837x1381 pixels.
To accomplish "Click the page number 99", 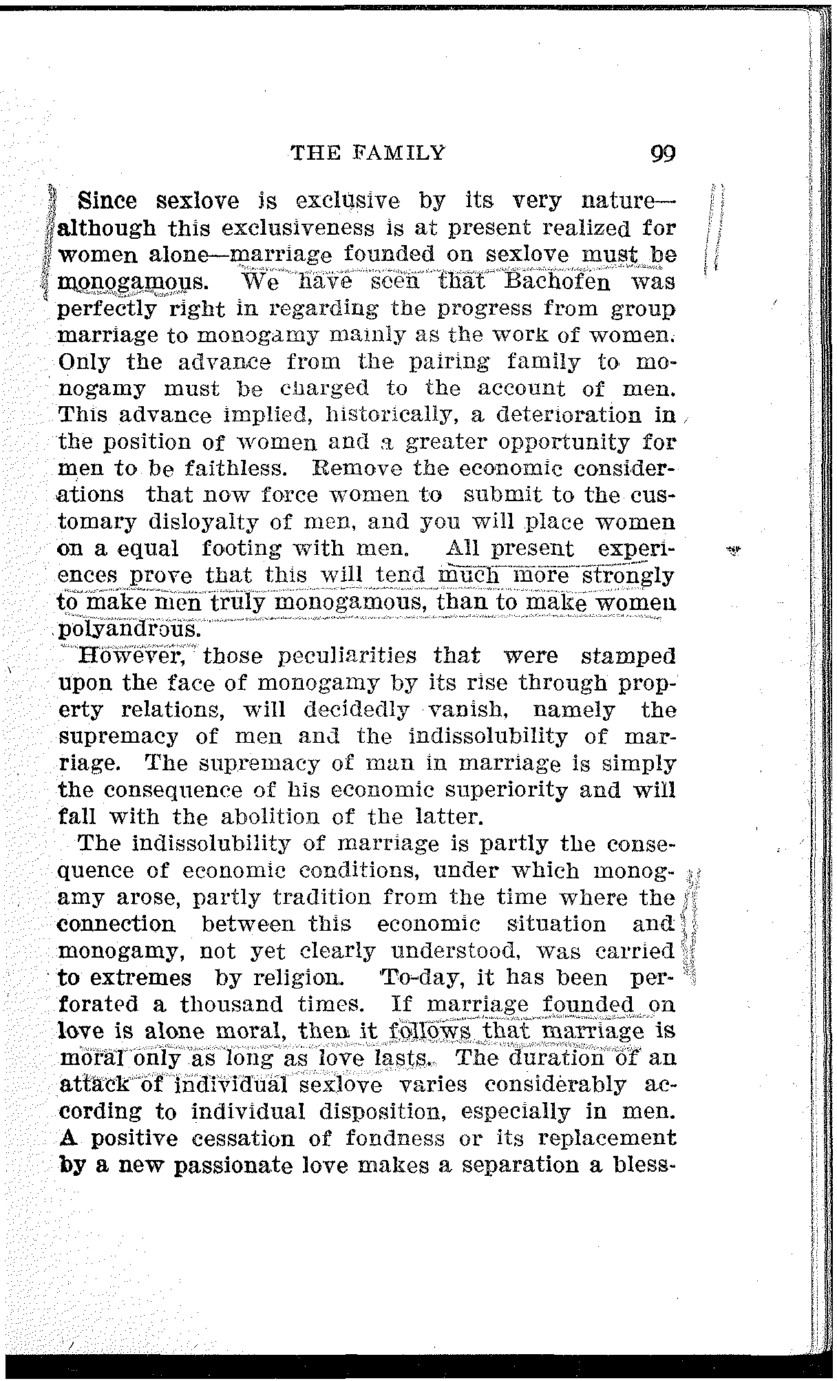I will [x=663, y=152].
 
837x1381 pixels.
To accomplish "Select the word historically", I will [x=384, y=416].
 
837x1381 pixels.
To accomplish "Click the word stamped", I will [x=628, y=655].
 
